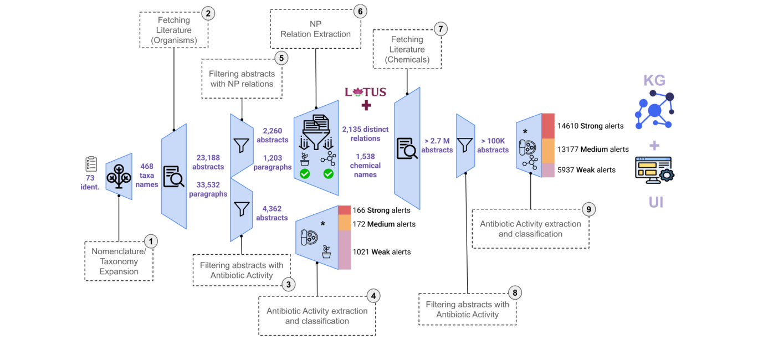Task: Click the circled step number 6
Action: (360, 12)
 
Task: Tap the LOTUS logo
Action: (366, 92)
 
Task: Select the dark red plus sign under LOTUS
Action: (366, 106)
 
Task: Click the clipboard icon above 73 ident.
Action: (91, 164)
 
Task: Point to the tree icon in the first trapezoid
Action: (119, 176)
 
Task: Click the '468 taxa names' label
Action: (147, 176)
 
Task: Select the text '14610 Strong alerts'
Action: (590, 126)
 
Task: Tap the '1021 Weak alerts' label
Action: (381, 252)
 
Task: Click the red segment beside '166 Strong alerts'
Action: (344, 210)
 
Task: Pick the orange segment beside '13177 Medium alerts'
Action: (548, 151)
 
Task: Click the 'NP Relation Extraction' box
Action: (315, 29)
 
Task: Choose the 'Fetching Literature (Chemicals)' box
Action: (407, 49)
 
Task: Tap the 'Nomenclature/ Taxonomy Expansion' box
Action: (119, 261)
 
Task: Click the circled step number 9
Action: (588, 209)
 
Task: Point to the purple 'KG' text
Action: (654, 80)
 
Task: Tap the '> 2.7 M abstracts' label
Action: (437, 146)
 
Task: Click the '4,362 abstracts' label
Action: (272, 213)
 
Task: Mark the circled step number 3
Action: (289, 284)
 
